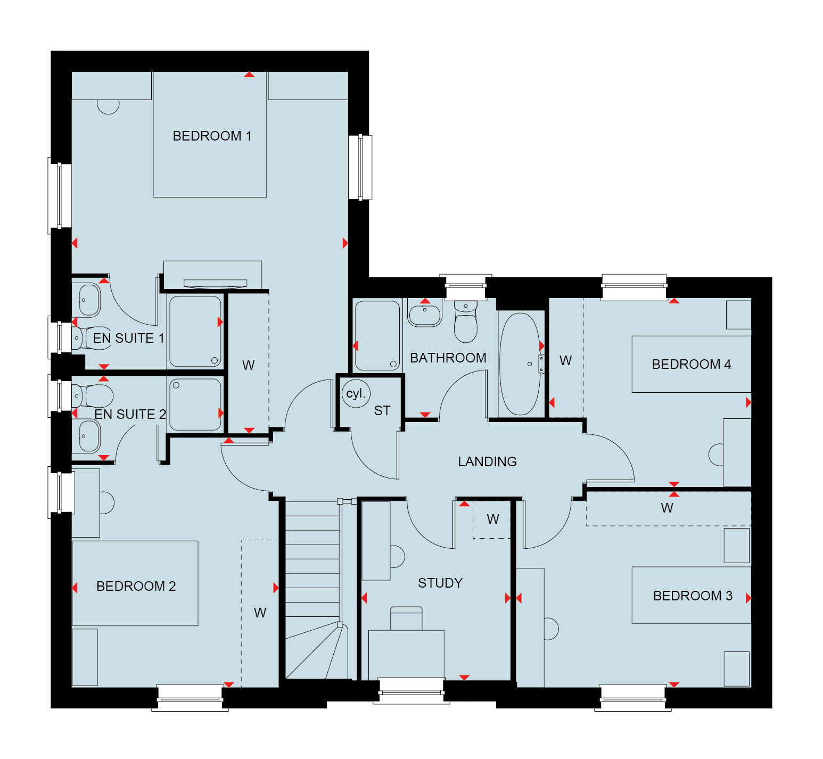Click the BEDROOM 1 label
coord(212,136)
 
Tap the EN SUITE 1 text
coord(129,339)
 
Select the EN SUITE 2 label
coord(130,415)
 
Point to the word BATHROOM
coord(448,358)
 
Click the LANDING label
coord(488,462)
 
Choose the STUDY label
coord(440,583)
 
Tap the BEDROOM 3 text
coord(693,596)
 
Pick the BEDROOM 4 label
coord(692,365)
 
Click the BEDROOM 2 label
coord(136,587)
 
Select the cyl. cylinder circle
coord(356,394)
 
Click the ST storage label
coord(382,411)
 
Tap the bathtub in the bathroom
coord(520,364)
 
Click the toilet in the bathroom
coord(466,321)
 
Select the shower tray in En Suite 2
coord(195,405)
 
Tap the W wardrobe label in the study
coord(493,519)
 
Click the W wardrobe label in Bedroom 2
coord(260,613)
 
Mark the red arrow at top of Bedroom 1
coord(249,75)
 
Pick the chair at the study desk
coord(406,618)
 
